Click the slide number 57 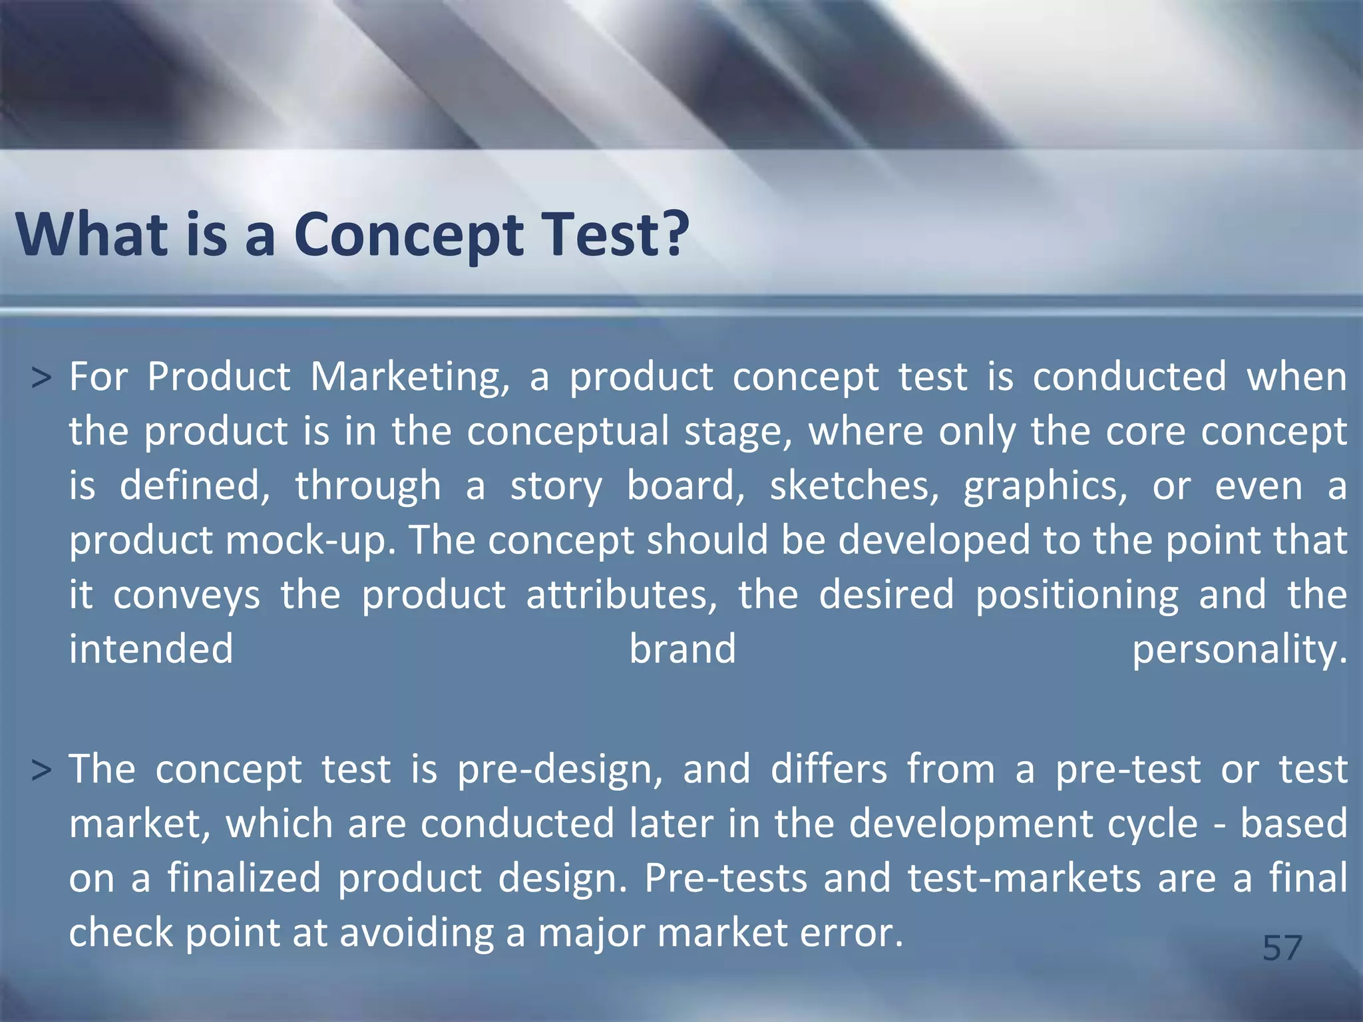tap(1282, 947)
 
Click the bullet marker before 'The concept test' tap(41, 770)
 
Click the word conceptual tap(567, 432)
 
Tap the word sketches tap(854, 486)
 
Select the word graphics tap(1045, 486)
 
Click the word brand tap(683, 649)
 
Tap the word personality tap(1239, 649)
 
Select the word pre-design tap(560, 770)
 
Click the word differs tap(829, 770)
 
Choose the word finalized tap(244, 878)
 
